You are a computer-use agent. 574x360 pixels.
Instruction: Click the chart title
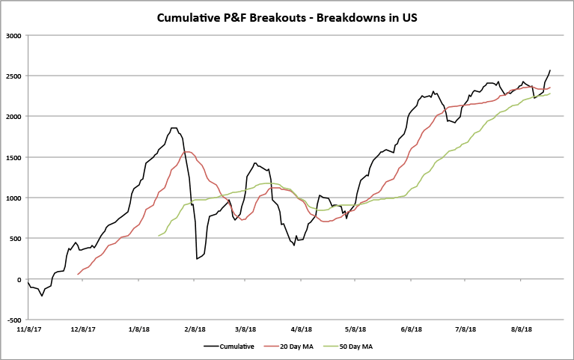287,17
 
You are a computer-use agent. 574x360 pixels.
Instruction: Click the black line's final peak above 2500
550,70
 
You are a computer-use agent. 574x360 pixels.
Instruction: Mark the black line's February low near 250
197,259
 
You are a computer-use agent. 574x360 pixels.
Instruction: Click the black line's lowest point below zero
42,296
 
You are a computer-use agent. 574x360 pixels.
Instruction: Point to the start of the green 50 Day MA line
159,237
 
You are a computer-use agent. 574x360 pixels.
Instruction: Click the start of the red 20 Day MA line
79,275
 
